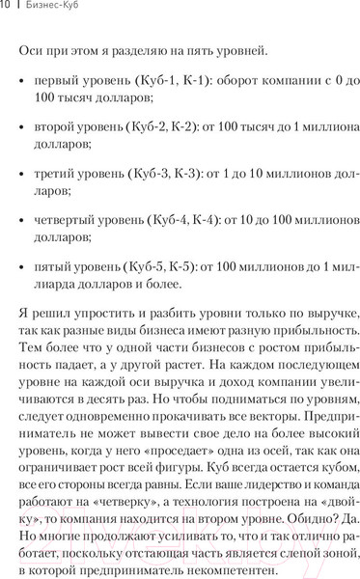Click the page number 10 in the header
[6, 10]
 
